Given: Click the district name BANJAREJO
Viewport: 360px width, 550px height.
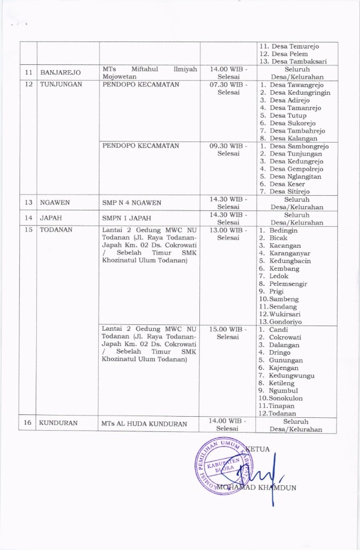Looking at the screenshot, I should [x=60, y=72].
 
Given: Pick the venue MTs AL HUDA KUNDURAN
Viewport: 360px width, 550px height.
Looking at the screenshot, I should [x=138, y=423].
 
